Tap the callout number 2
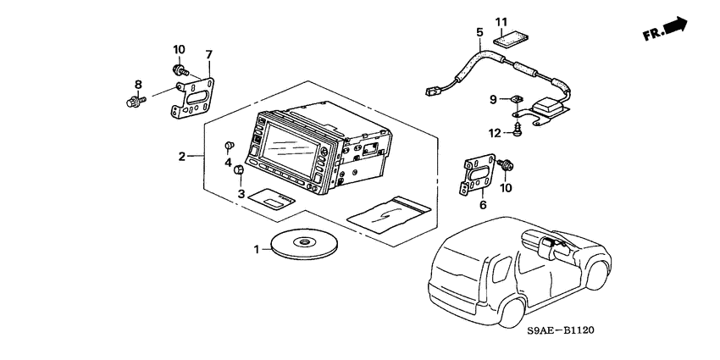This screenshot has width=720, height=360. [x=181, y=156]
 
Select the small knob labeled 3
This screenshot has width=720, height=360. [x=239, y=172]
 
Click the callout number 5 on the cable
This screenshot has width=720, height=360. [x=479, y=33]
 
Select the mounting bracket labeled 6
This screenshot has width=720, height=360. [x=477, y=176]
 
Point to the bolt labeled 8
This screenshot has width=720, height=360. [x=131, y=102]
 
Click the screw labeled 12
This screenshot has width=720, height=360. [x=515, y=129]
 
